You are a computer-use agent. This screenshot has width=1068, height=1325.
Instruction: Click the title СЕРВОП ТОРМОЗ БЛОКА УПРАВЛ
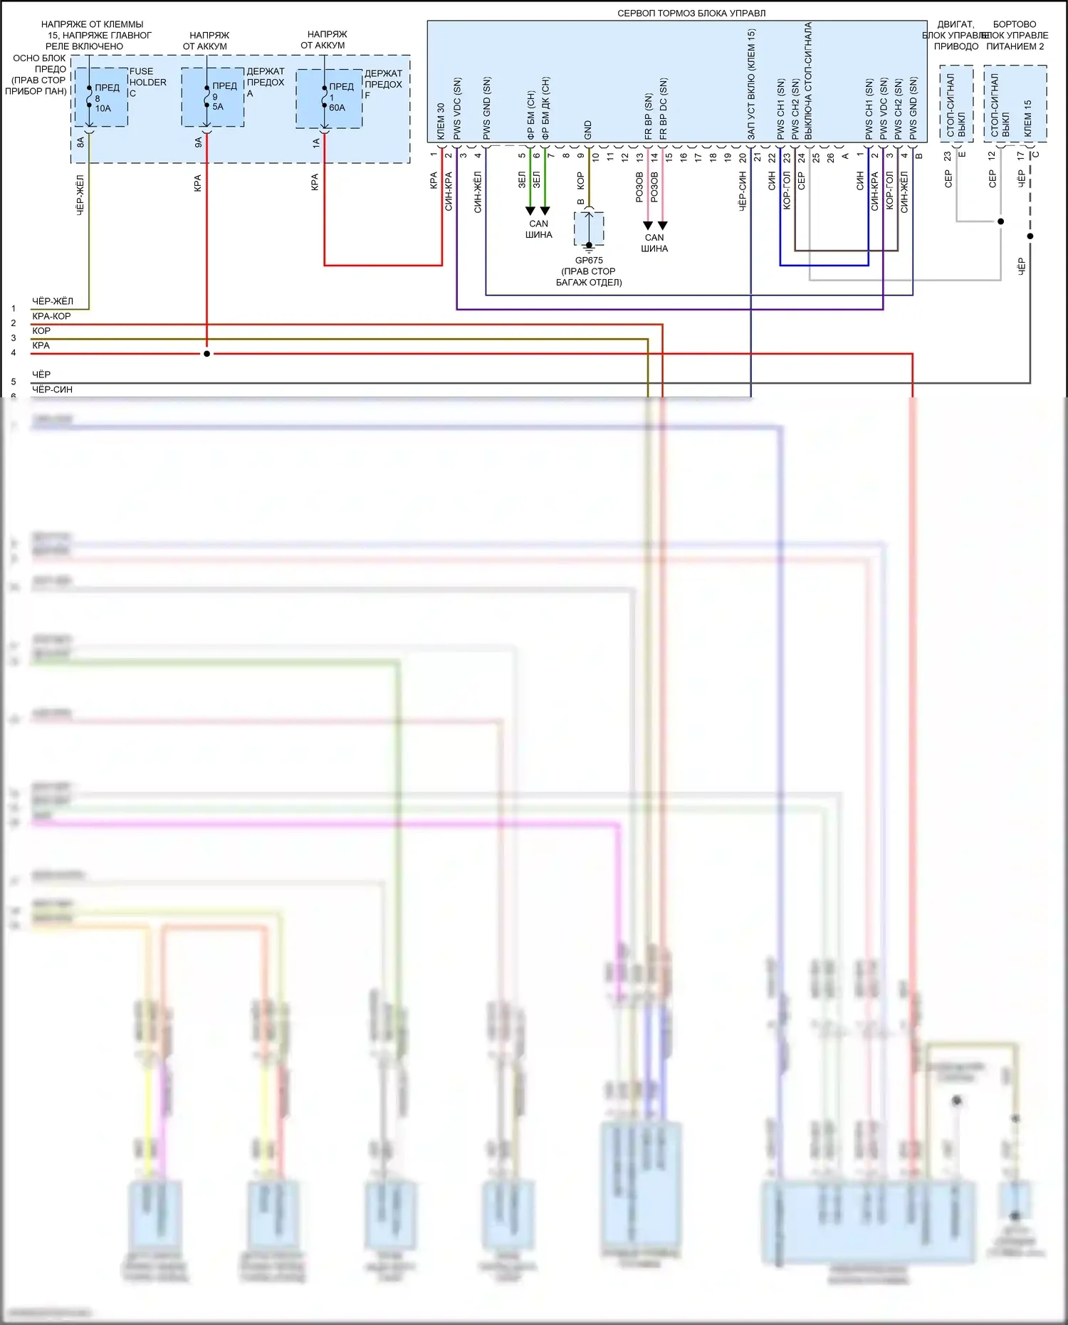691,13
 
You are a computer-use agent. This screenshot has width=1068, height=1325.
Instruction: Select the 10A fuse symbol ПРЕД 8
90,97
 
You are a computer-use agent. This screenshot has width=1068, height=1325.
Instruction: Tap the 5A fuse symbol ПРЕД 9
206,96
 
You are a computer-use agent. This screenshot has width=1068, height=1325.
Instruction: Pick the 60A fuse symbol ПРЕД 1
325,97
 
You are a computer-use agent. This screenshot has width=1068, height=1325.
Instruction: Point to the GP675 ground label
589,261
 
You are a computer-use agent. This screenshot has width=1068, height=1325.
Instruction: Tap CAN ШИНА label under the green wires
538,229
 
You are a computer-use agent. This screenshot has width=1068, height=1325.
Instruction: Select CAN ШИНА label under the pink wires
654,243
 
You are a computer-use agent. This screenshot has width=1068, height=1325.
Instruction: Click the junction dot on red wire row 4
206,354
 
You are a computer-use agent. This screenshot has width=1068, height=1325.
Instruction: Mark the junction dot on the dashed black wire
1030,236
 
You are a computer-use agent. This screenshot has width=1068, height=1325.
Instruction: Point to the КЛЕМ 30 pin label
441,121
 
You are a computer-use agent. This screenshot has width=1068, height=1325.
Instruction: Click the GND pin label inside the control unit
588,130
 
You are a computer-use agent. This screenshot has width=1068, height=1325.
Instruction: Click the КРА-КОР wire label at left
51,316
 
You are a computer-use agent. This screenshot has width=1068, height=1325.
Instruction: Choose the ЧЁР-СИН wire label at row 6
52,389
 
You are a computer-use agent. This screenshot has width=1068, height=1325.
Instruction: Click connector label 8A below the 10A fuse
80,142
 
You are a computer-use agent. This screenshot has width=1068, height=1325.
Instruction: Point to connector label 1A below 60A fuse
316,142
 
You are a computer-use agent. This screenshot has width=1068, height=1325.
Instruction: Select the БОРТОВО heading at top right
1015,24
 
